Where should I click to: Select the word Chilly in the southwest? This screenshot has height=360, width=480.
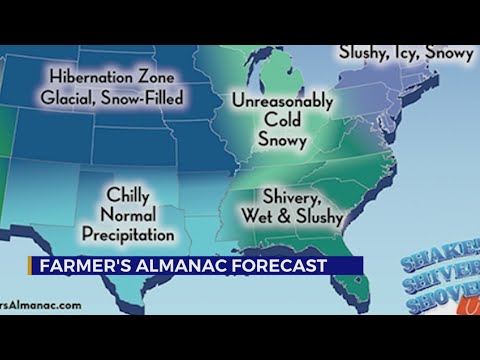[x=127, y=196]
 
